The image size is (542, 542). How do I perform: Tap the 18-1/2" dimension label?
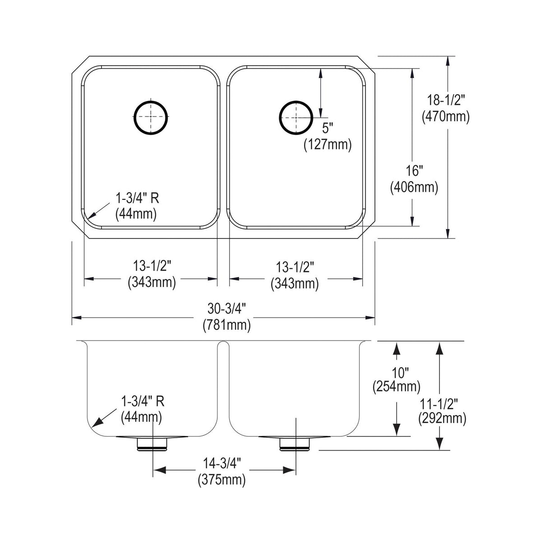click(x=445, y=100)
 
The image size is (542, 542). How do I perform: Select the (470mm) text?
click(x=445, y=117)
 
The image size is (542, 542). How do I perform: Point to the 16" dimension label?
click(x=415, y=171)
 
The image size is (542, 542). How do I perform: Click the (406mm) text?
click(x=414, y=187)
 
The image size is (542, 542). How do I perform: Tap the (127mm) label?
click(x=327, y=145)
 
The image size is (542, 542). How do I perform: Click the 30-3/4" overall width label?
click(x=227, y=309)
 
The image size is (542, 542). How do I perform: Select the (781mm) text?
click(x=227, y=325)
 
